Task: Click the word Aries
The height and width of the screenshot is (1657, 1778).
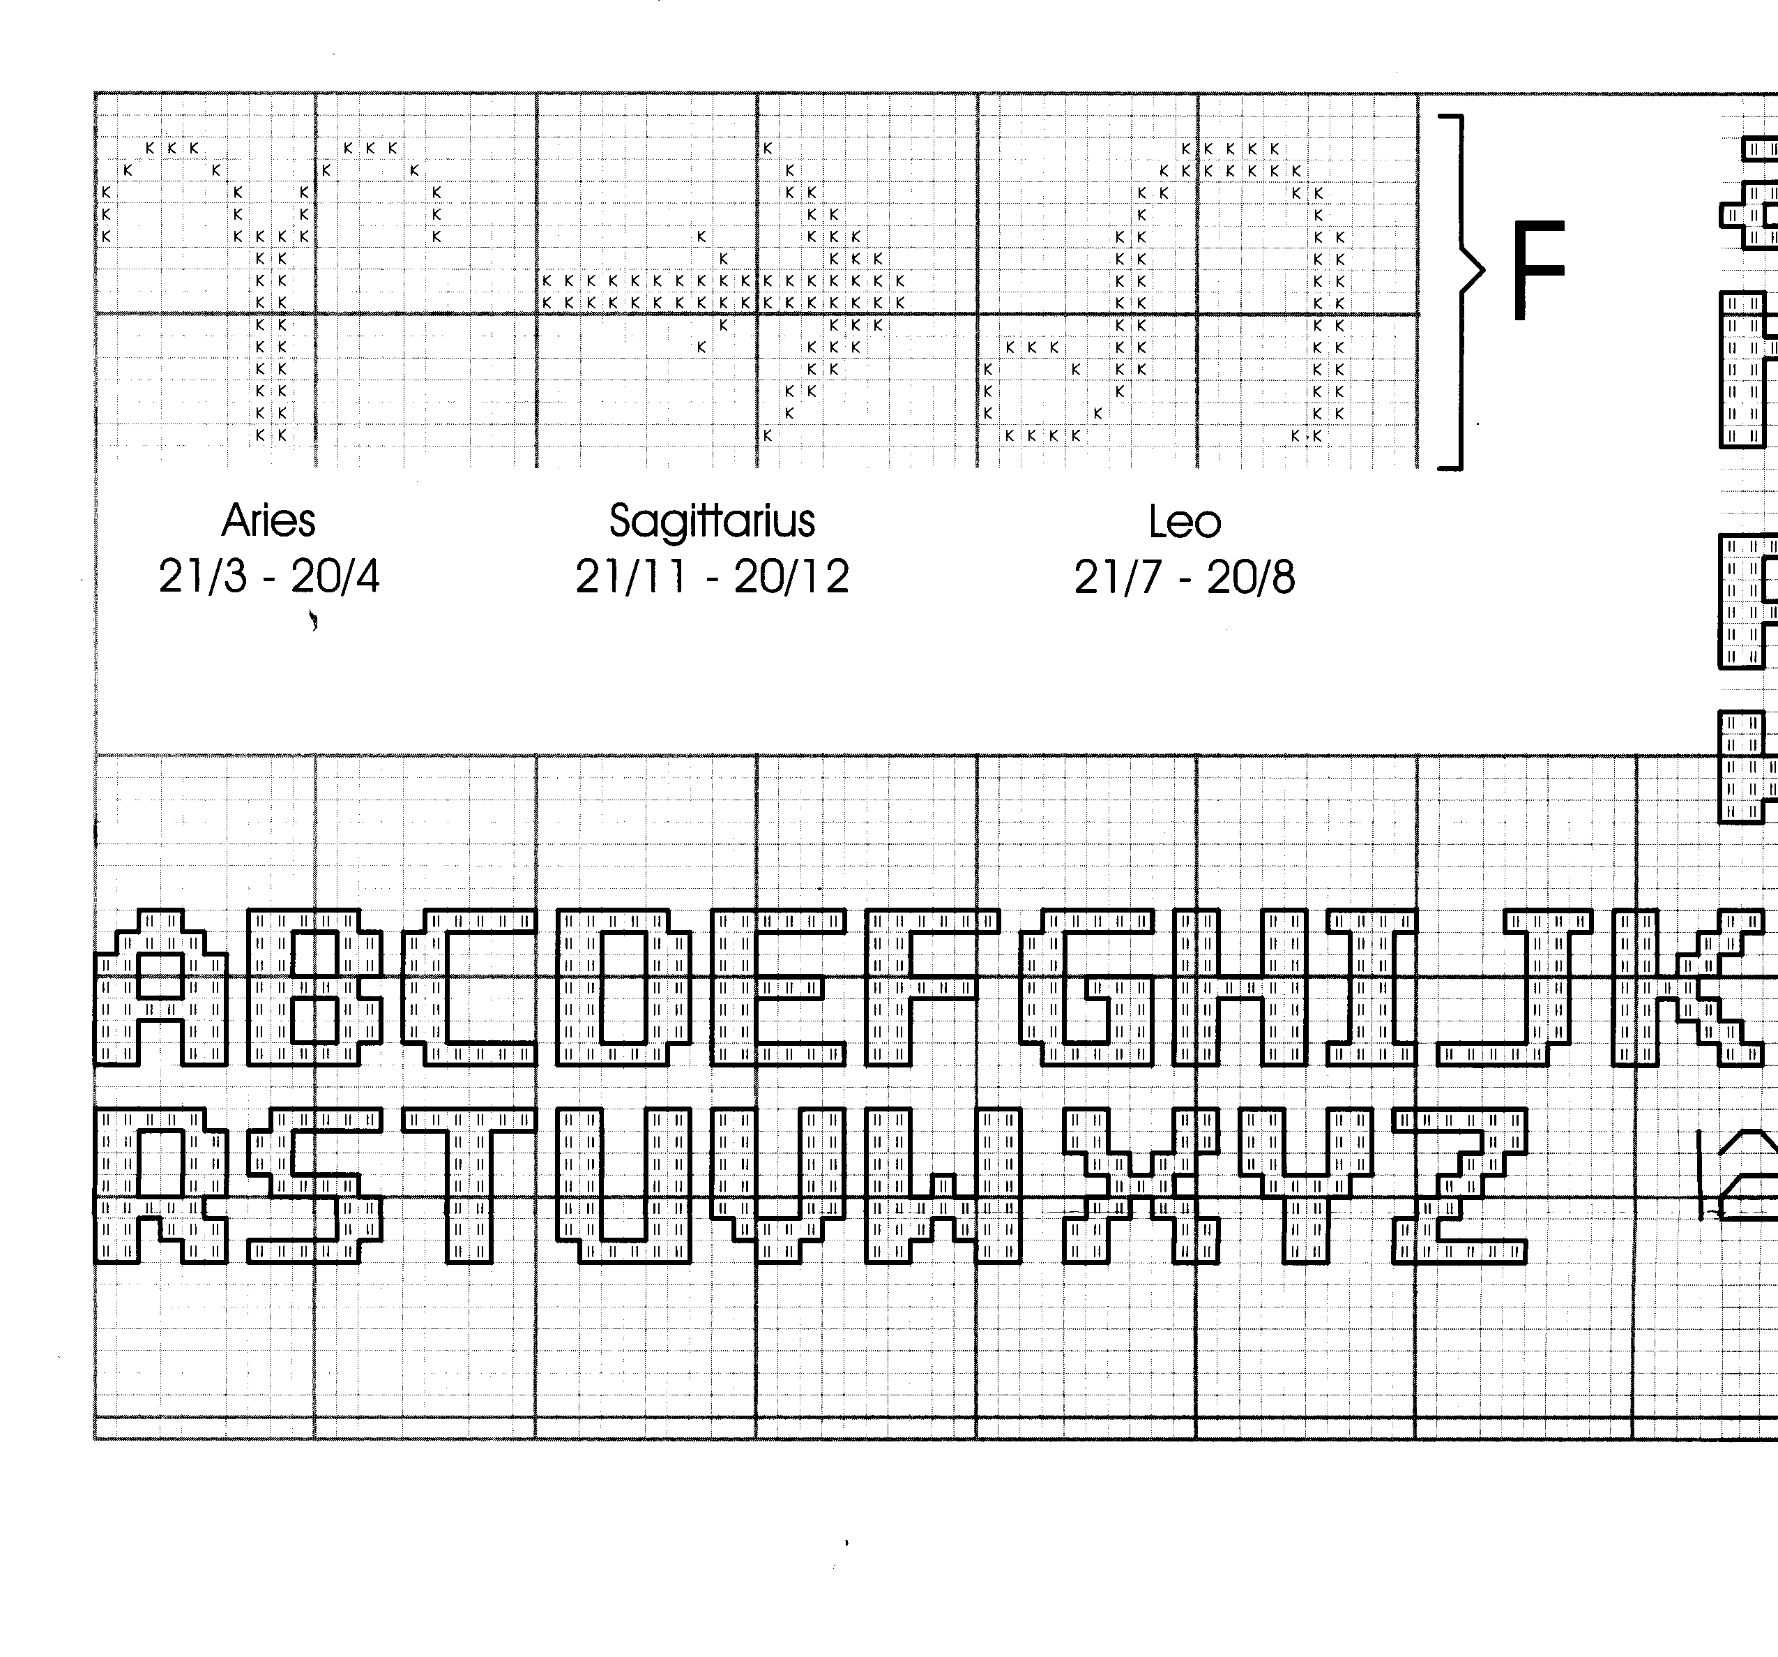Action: [x=268, y=520]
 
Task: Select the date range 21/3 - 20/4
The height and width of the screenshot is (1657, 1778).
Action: [x=269, y=576]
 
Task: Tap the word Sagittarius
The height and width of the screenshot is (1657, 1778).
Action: [x=712, y=520]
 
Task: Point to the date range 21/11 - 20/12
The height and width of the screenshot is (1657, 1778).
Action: [x=712, y=576]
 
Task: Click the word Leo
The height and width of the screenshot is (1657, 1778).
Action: [x=1184, y=523]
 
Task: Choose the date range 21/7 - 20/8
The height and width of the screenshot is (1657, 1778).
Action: [x=1184, y=578]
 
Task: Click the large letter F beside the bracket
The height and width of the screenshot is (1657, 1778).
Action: [x=1537, y=270]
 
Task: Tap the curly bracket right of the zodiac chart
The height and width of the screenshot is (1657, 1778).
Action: [x=1461, y=292]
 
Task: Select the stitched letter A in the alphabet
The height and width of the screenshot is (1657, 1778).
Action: [x=161, y=988]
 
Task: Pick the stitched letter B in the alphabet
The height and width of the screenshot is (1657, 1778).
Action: [x=315, y=988]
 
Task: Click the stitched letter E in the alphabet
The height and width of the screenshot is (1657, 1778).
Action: [x=778, y=988]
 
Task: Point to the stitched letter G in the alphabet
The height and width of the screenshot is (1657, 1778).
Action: [x=1086, y=988]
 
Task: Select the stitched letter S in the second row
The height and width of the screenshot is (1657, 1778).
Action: [x=315, y=1185]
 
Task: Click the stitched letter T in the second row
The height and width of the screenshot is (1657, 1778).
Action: [x=469, y=1185]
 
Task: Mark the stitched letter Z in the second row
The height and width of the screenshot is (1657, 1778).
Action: [x=1459, y=1185]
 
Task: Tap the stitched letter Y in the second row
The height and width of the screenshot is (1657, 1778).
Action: [x=1306, y=1185]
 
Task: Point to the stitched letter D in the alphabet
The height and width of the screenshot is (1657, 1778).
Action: [x=623, y=988]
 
